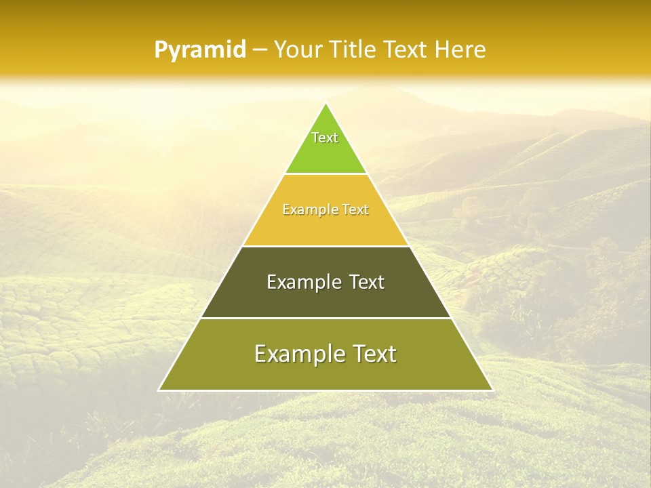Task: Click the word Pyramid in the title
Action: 200,50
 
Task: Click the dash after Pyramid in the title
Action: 260,50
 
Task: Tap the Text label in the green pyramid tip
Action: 325,138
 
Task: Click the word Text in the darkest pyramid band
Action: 366,282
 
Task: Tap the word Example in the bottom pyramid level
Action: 295,354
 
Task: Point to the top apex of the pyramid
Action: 326,103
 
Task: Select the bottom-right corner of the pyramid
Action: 492,390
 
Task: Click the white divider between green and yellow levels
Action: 325,174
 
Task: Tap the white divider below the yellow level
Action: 325,246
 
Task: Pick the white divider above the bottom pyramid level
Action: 325,318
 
